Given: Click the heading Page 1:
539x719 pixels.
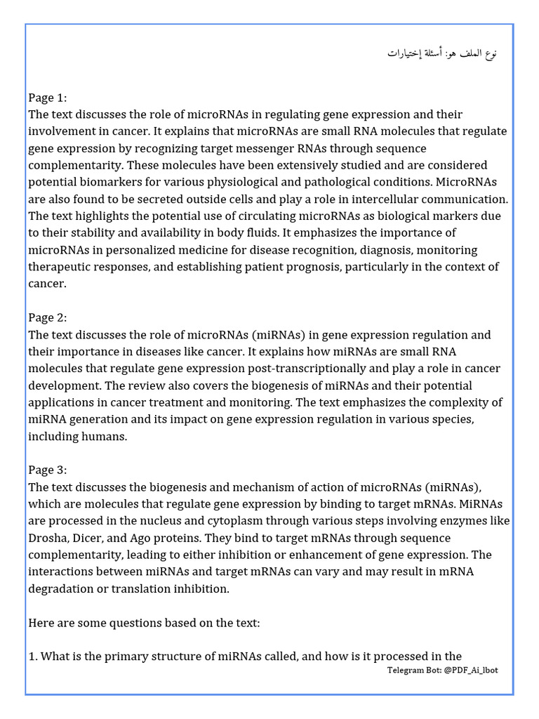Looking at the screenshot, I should click(x=48, y=98).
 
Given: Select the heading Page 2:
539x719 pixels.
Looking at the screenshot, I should click(x=48, y=318).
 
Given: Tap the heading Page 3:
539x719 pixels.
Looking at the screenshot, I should click(x=48, y=470).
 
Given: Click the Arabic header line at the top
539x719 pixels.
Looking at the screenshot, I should click(x=443, y=53).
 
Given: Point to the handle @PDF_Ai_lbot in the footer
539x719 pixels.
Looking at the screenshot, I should click(x=472, y=671).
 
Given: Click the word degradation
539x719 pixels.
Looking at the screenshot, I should click(x=62, y=588).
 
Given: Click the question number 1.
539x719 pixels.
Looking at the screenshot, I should click(x=32, y=657).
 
